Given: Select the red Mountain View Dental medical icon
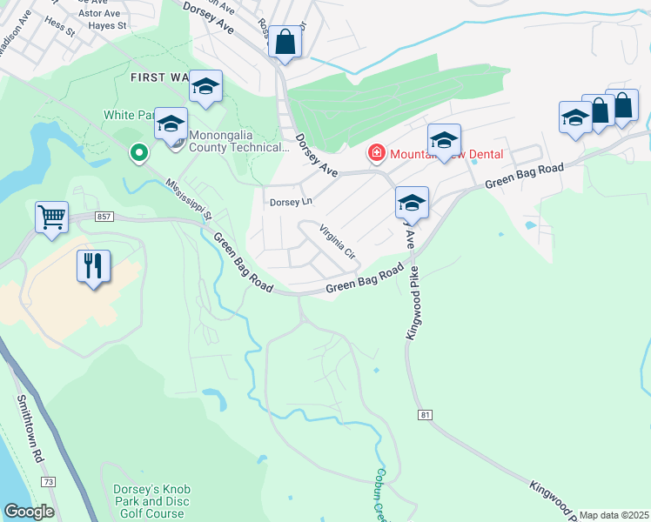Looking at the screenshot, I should (x=377, y=154).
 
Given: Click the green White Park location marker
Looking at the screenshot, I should (x=138, y=154).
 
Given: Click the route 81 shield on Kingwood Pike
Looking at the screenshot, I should (x=425, y=415).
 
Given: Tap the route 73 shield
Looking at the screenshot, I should (x=48, y=481).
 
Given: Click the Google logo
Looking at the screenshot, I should (x=29, y=512).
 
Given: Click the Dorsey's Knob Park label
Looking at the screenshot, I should (x=149, y=502).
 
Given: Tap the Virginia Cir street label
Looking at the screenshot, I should (x=338, y=243).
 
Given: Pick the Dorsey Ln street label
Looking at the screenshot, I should (x=290, y=202).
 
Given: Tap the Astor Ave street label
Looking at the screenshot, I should (x=99, y=13).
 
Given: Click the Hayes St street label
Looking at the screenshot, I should (x=109, y=26).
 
